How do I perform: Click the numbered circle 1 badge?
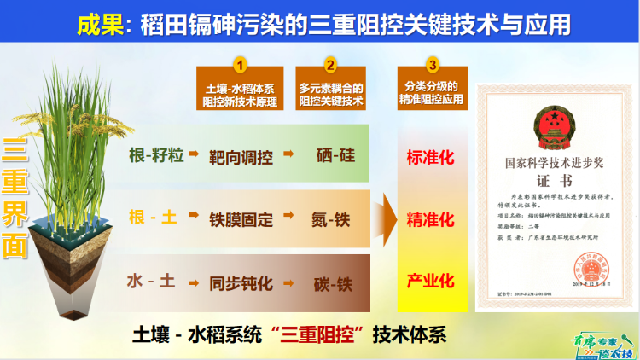click(241, 64)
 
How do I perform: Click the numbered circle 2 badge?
click(330, 64)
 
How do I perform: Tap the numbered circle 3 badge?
click(433, 64)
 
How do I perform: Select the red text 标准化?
click(431, 157)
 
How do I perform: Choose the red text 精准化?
click(431, 219)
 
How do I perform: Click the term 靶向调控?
click(241, 157)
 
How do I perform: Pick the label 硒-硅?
click(333, 157)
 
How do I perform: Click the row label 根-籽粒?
click(154, 157)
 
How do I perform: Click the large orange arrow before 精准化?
click(389, 219)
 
